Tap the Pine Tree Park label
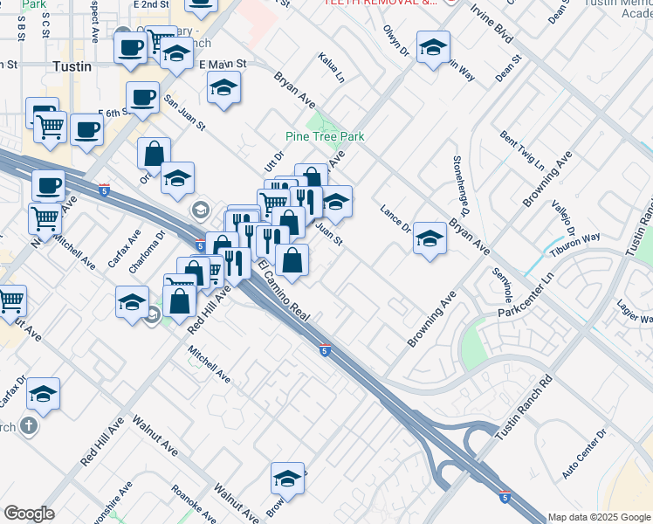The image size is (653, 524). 325,136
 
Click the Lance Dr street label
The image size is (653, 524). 395,219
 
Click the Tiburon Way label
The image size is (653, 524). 580,238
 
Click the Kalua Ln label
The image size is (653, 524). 332,67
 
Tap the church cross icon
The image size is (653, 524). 29,426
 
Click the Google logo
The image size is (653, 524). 29,514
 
